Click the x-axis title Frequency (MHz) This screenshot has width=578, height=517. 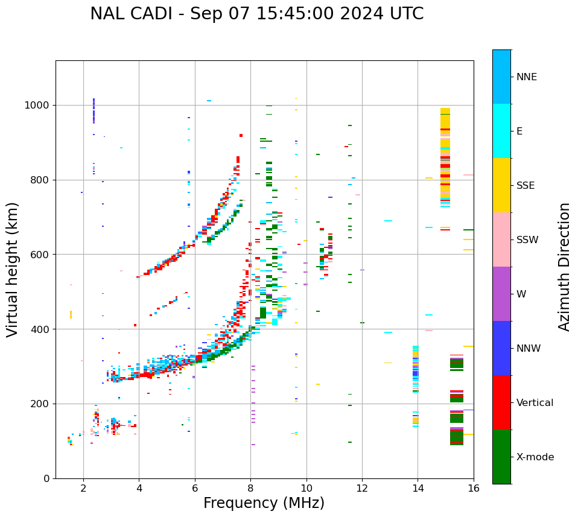tap(264, 503)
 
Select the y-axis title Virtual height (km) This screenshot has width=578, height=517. tap(13, 270)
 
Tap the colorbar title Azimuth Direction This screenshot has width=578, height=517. tap(564, 267)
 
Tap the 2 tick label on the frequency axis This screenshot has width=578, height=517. tap(83, 487)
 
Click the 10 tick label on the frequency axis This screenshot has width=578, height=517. tap(306, 487)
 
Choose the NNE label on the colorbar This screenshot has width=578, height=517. tap(526, 77)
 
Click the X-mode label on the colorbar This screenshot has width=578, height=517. tap(535, 457)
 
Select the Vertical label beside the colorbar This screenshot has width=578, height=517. tap(535, 403)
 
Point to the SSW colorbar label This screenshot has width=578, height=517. tap(527, 240)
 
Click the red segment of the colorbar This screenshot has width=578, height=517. tap(501, 402)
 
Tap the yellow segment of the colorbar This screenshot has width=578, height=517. tap(501, 185)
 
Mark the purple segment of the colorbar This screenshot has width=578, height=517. tap(501, 294)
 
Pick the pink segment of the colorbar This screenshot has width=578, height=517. tap(501, 239)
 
